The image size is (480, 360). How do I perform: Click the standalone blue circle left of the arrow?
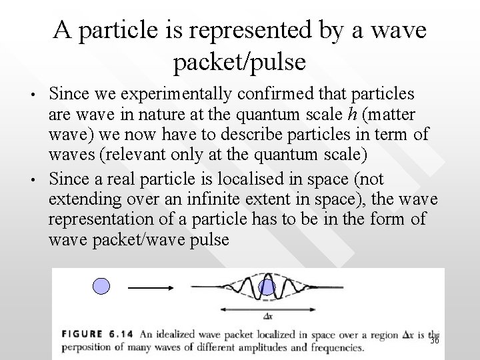(x=100, y=287)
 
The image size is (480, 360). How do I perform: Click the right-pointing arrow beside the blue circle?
(x=151, y=288)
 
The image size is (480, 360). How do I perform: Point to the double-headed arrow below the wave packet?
(x=266, y=309)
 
